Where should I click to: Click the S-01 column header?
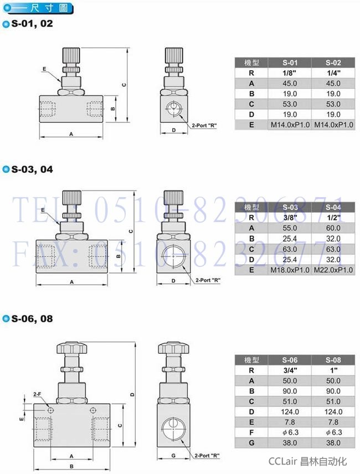pos(290,63)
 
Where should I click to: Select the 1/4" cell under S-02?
pos(333,73)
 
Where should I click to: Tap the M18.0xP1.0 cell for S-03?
pos(290,270)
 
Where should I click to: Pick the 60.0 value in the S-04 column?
pos(333,228)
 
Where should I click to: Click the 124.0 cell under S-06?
pos(290,412)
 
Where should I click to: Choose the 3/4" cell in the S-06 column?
pos(290,370)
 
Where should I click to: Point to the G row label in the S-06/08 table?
pos(251,443)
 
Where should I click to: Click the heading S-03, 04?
pos(32,169)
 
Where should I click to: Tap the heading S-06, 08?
pos(32,318)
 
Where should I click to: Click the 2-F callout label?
pos(37,394)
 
